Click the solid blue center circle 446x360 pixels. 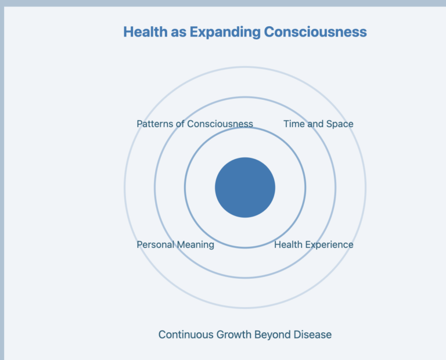(245, 188)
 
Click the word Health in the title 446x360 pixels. (142, 31)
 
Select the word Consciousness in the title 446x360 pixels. (315, 31)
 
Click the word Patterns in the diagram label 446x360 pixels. (154, 124)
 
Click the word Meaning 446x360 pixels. (195, 244)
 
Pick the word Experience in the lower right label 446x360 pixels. (329, 244)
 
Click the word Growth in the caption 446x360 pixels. (235, 334)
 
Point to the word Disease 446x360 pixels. (314, 334)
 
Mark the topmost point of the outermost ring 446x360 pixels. (245, 67)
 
